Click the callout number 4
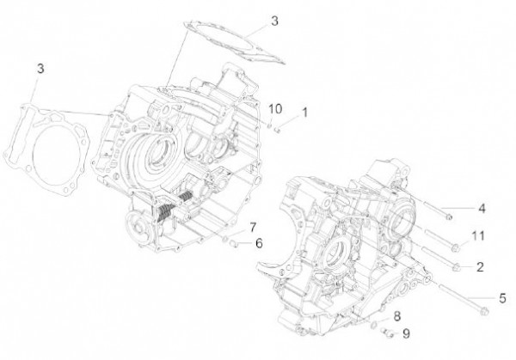point(482,207)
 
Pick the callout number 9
point(406,333)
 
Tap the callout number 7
point(254,227)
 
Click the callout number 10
point(275,108)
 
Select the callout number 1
point(304,112)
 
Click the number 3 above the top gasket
point(250,20)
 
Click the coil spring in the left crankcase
point(183,208)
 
